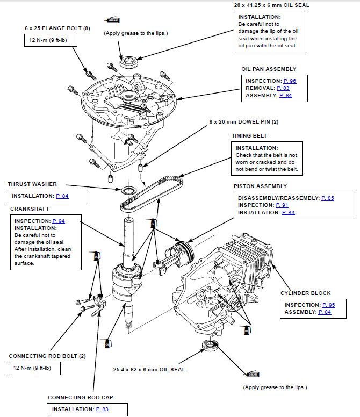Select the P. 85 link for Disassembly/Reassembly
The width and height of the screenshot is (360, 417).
(x=327, y=198)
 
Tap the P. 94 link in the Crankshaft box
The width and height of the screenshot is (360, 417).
(x=59, y=221)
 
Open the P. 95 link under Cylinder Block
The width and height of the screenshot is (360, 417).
(x=328, y=305)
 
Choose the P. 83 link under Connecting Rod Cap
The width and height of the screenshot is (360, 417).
(x=102, y=409)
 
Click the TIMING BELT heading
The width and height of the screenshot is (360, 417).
(x=249, y=136)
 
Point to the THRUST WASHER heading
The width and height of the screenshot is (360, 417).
(x=32, y=184)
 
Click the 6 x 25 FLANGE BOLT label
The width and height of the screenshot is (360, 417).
(x=57, y=27)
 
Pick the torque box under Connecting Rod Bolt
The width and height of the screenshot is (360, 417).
(x=34, y=368)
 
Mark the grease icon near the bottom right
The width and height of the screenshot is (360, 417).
(x=253, y=374)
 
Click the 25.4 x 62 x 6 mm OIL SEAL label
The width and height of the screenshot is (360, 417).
(x=149, y=370)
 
